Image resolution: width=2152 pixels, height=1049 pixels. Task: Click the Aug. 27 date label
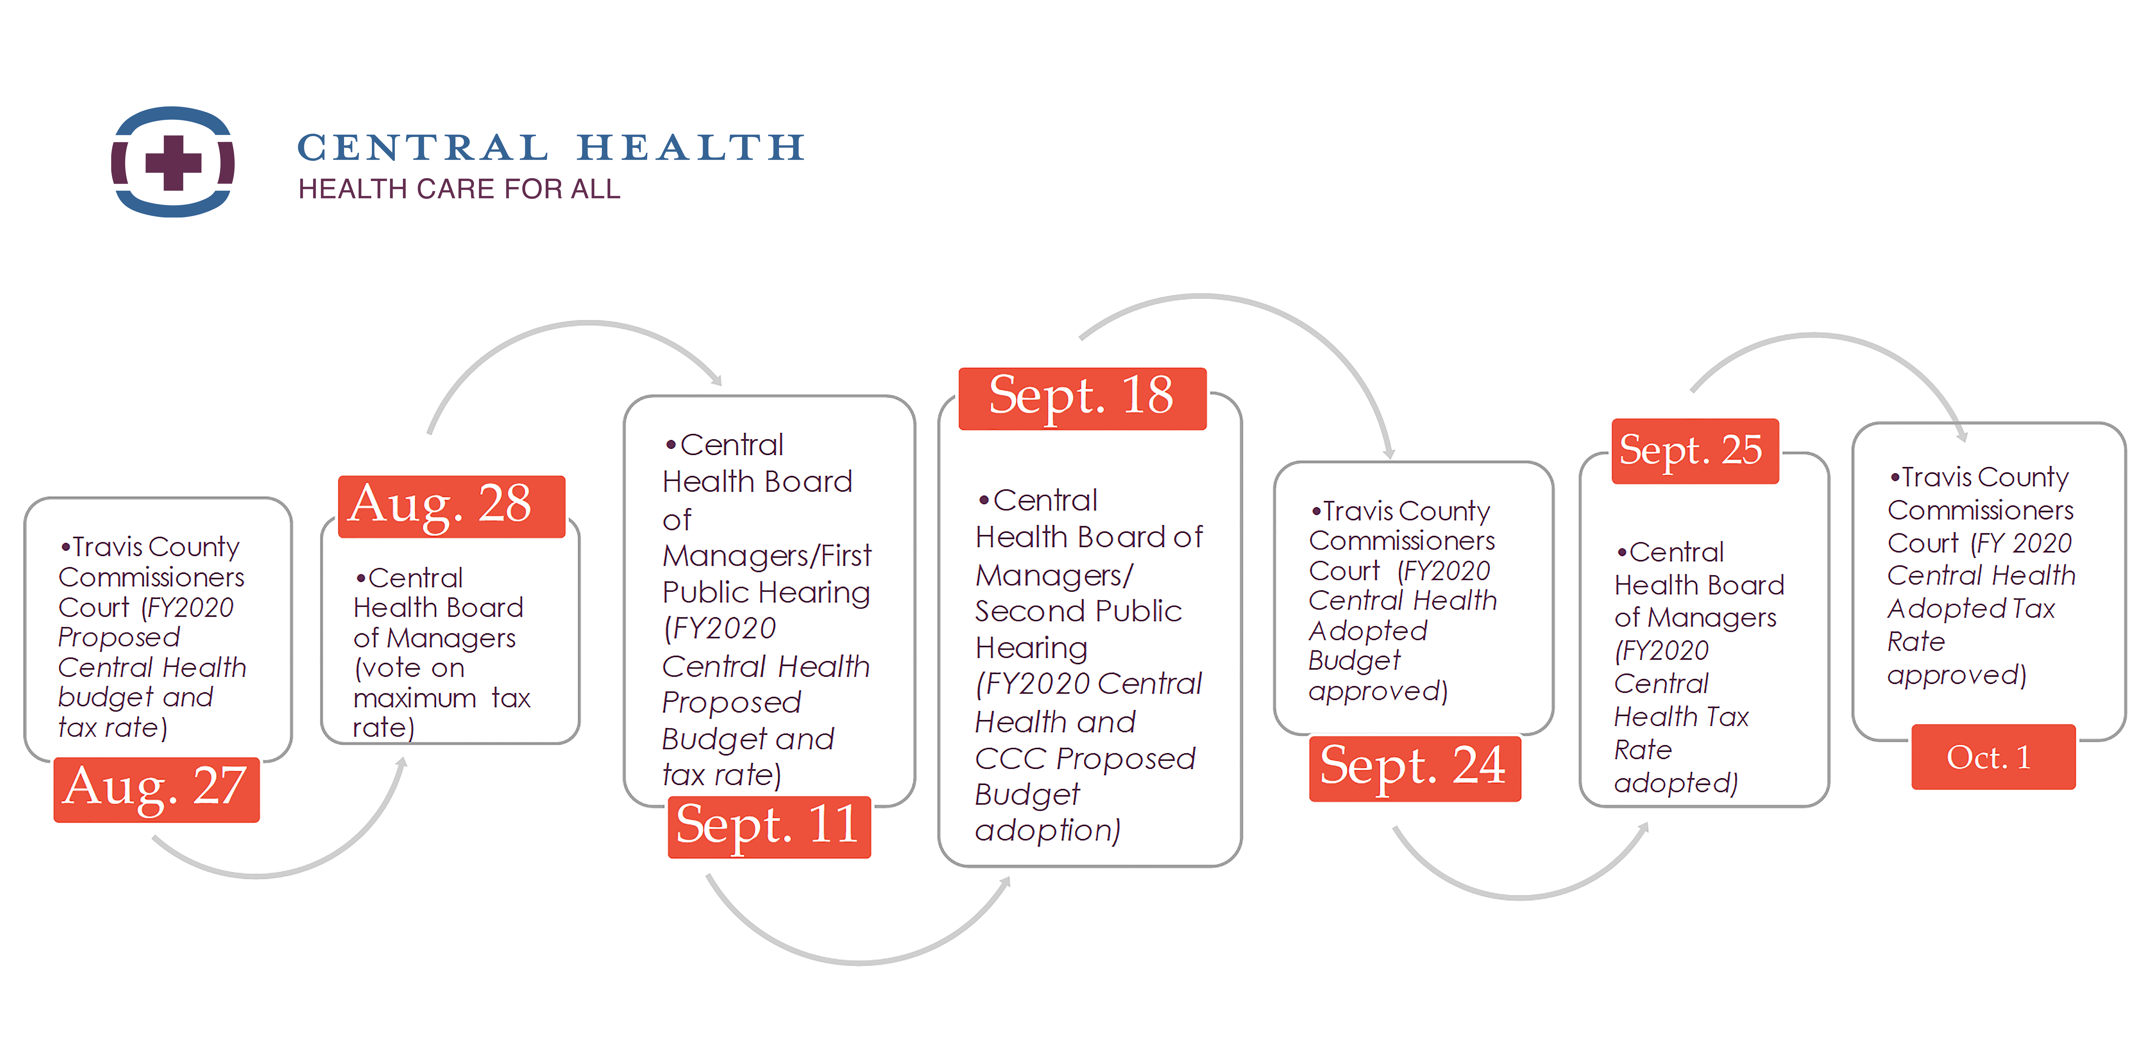click(x=156, y=789)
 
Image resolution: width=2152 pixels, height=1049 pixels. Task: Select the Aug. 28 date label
click(x=451, y=506)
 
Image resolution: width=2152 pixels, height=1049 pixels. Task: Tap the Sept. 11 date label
click(x=768, y=827)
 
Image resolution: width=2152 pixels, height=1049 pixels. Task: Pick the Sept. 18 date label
click(x=1082, y=398)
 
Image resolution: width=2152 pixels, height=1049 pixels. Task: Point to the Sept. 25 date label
click(x=1694, y=451)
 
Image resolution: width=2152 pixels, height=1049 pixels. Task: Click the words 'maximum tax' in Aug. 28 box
click(x=441, y=697)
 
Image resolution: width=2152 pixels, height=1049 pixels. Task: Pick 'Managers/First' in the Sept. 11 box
click(x=767, y=555)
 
